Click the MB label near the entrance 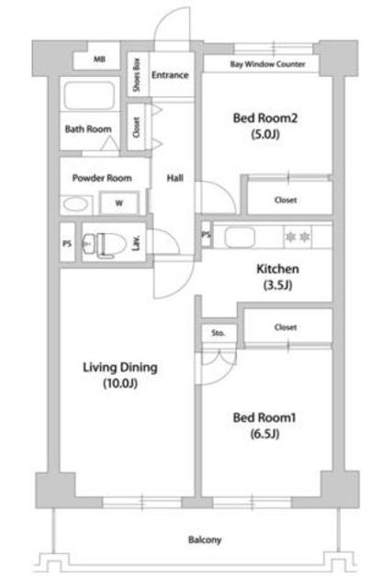pyautogui.click(x=99, y=59)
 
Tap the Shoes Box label pyautogui.click(x=137, y=75)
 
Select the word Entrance pyautogui.click(x=170, y=75)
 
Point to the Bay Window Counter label pyautogui.click(x=267, y=64)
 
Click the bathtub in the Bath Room pyautogui.click(x=89, y=95)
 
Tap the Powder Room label pyautogui.click(x=102, y=178)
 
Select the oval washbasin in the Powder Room pyautogui.click(x=75, y=205)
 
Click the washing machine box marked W pyautogui.click(x=118, y=204)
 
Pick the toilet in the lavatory pyautogui.click(x=104, y=244)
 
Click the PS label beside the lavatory pyautogui.click(x=67, y=244)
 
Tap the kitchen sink pyautogui.click(x=240, y=237)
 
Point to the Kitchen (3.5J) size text pyautogui.click(x=278, y=285)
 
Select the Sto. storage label pyautogui.click(x=218, y=332)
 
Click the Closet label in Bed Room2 pyautogui.click(x=286, y=200)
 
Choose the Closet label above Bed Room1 pyautogui.click(x=286, y=327)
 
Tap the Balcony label pyautogui.click(x=205, y=540)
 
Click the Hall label pyautogui.click(x=175, y=178)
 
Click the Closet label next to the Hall pyautogui.click(x=137, y=127)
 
